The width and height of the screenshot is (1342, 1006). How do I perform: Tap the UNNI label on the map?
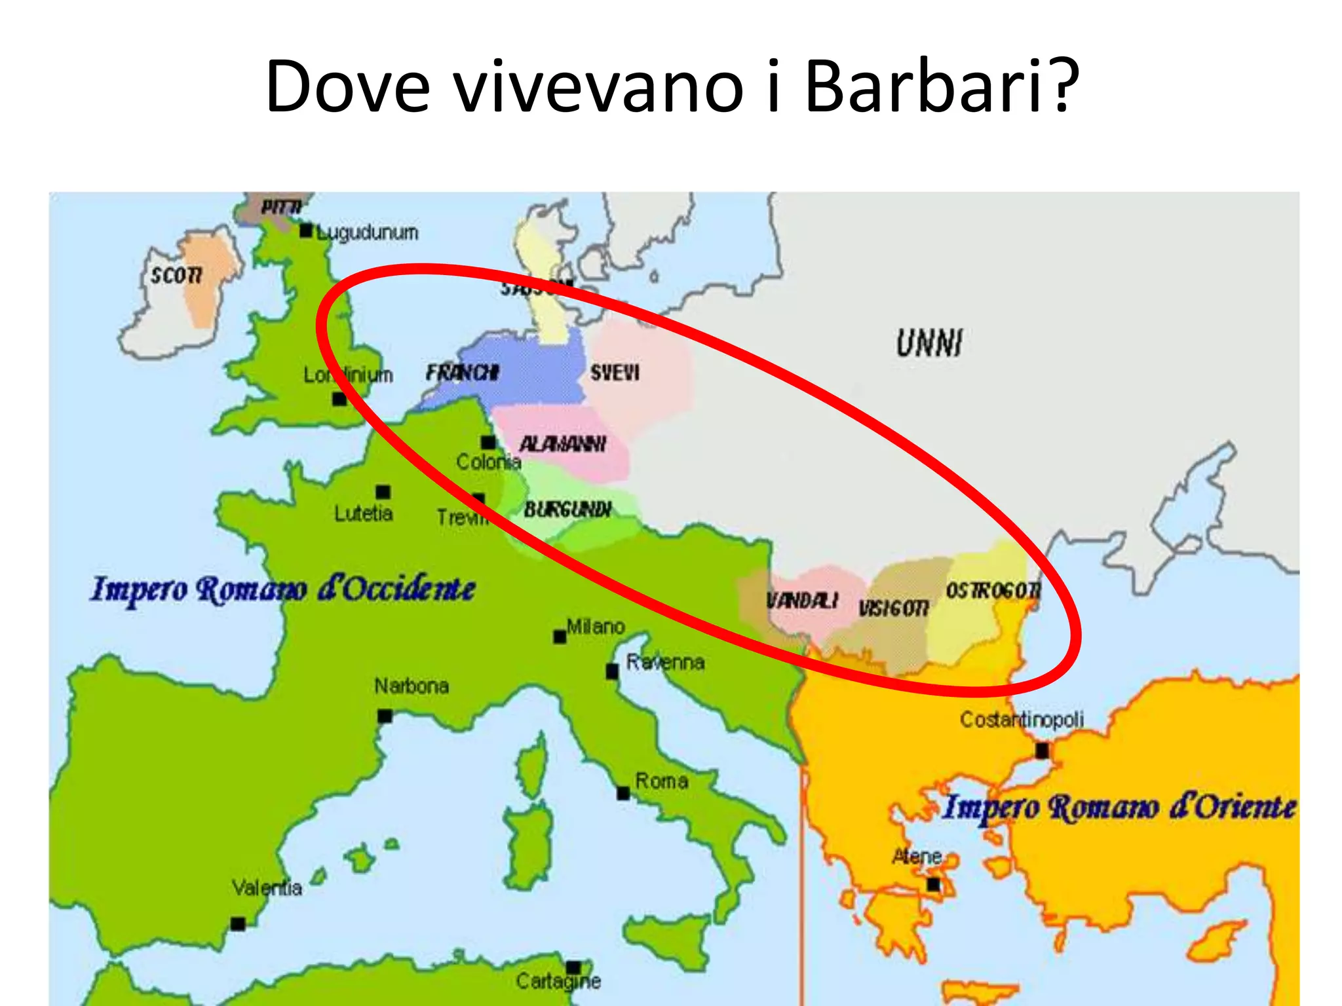click(929, 343)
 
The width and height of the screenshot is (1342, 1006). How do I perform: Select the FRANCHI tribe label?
click(463, 373)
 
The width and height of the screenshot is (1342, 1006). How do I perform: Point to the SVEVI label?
click(614, 373)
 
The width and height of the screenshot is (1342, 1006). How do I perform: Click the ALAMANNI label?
click(562, 444)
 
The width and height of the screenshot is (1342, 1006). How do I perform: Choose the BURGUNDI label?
click(567, 509)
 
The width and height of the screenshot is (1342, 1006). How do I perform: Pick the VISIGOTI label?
click(894, 608)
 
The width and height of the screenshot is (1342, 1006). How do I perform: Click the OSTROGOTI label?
click(992, 591)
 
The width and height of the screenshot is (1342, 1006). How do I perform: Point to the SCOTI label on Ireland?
click(176, 275)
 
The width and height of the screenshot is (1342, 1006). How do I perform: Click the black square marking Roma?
click(623, 793)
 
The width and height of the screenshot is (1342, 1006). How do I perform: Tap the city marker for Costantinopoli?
click(1041, 751)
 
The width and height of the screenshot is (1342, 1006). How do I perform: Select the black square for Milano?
click(560, 637)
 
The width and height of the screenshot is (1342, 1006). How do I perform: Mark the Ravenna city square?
click(612, 671)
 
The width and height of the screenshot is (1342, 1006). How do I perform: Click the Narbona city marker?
click(385, 716)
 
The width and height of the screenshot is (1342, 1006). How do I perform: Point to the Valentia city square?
click(238, 923)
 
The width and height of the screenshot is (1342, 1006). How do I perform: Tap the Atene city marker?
click(933, 885)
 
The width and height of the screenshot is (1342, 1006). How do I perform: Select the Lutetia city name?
click(363, 513)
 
